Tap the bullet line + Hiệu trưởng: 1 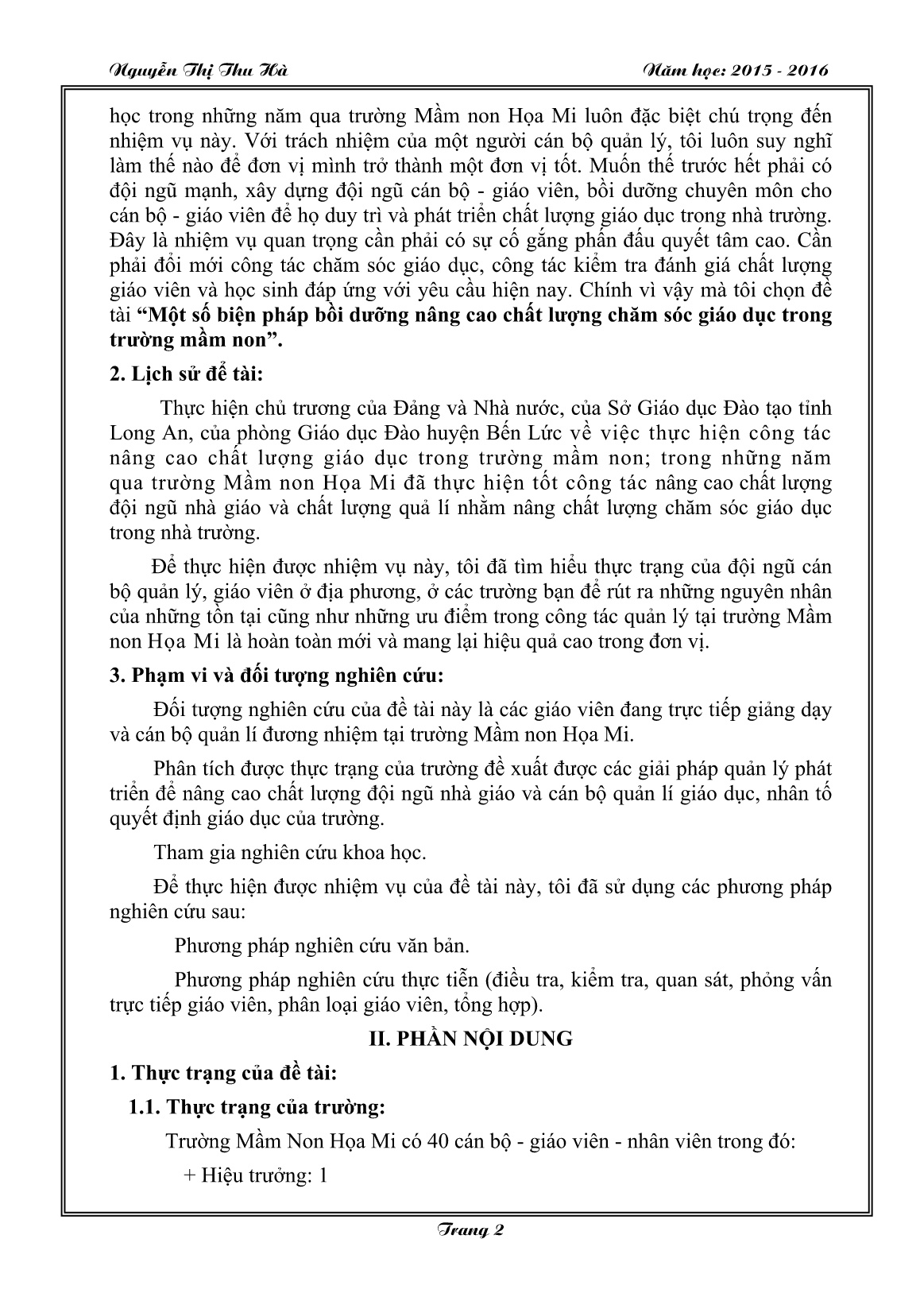pyautogui.click(x=255, y=1175)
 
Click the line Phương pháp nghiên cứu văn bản pyautogui.click(x=322, y=946)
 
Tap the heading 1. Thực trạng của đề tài pyautogui.click(x=224, y=1073)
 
